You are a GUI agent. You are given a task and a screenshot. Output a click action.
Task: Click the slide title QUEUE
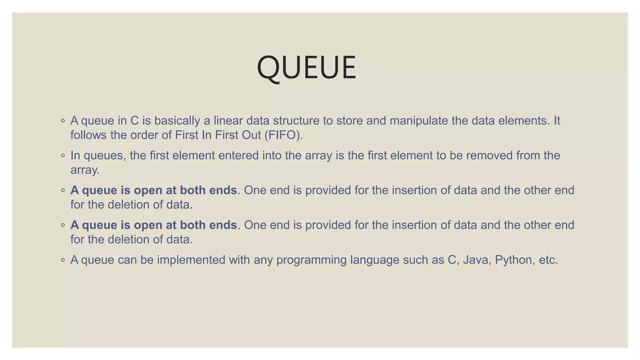click(x=306, y=67)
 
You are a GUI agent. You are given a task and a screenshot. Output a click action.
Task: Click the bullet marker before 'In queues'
click(x=63, y=155)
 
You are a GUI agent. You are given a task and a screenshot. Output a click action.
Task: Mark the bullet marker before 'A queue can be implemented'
click(x=63, y=260)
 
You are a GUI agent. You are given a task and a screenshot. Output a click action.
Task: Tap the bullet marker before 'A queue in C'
click(x=63, y=121)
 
